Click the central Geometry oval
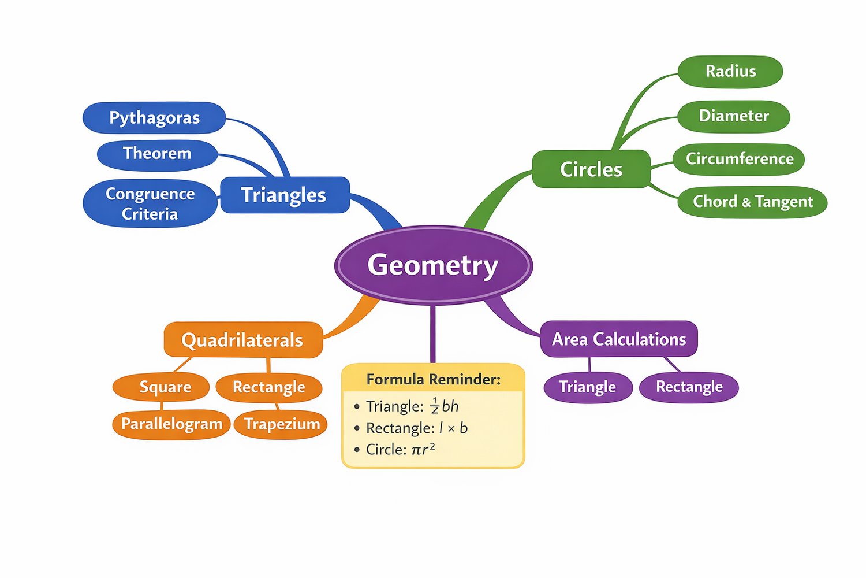click(433, 265)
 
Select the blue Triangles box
click(285, 195)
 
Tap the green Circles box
click(591, 169)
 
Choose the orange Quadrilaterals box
click(243, 340)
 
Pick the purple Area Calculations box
click(619, 339)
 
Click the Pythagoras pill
click(154, 118)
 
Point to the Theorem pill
click(157, 154)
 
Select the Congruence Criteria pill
click(150, 203)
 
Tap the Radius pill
click(730, 72)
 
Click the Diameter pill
click(733, 116)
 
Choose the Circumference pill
click(739, 159)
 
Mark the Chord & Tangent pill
click(752, 202)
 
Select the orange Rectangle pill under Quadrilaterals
click(268, 387)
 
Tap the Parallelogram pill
click(171, 424)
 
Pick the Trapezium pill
click(281, 424)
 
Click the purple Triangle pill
click(587, 387)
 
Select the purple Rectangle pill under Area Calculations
click(689, 387)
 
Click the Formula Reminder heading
click(433, 379)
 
